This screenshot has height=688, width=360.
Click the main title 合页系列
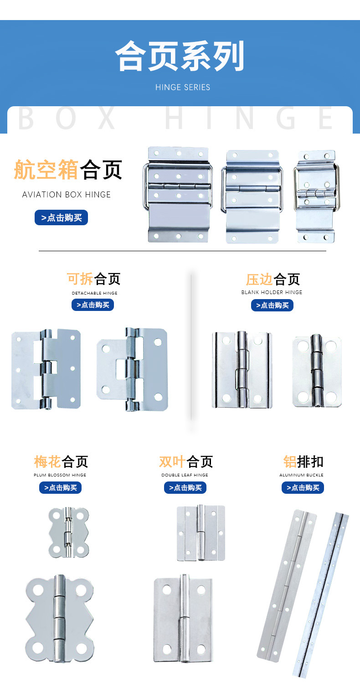click(x=180, y=57)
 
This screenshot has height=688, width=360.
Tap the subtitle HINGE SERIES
click(x=183, y=87)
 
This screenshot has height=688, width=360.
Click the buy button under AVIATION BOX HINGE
click(x=61, y=217)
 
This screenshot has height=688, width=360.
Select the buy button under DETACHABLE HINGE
click(x=93, y=305)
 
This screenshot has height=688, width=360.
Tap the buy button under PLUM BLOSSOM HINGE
click(x=60, y=487)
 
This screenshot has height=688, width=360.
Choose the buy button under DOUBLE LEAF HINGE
click(x=185, y=487)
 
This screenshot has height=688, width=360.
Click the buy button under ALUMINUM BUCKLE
click(x=303, y=487)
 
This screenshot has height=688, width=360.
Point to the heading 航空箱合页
click(x=68, y=170)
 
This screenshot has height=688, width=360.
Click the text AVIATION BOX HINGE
click(x=67, y=195)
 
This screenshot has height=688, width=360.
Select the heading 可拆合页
click(x=93, y=279)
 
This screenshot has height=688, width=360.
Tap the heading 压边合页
click(x=273, y=279)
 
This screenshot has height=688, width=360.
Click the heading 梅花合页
click(x=61, y=461)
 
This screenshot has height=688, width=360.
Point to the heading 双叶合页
click(x=185, y=461)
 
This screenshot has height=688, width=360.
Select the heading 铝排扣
click(x=303, y=461)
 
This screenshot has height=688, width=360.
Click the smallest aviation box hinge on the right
click(x=315, y=196)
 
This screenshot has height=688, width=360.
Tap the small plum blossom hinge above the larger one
click(x=68, y=532)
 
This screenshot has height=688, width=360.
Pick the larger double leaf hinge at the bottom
click(x=183, y=618)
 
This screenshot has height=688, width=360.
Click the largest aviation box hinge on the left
click(x=178, y=194)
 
